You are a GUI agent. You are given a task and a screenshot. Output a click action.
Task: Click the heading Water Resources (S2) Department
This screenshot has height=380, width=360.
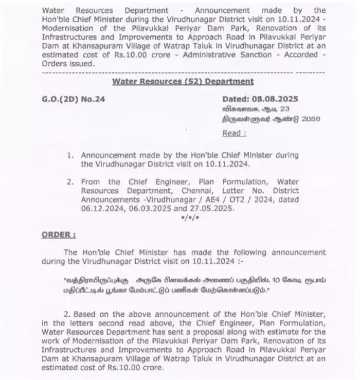183,81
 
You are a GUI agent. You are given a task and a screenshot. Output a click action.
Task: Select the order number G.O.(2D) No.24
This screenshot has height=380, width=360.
73,99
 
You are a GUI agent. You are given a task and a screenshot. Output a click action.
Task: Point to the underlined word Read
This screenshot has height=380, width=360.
233,133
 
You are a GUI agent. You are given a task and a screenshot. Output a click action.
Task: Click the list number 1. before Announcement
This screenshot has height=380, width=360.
70,155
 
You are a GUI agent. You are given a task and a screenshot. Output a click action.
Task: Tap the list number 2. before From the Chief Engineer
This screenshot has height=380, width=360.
70,181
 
